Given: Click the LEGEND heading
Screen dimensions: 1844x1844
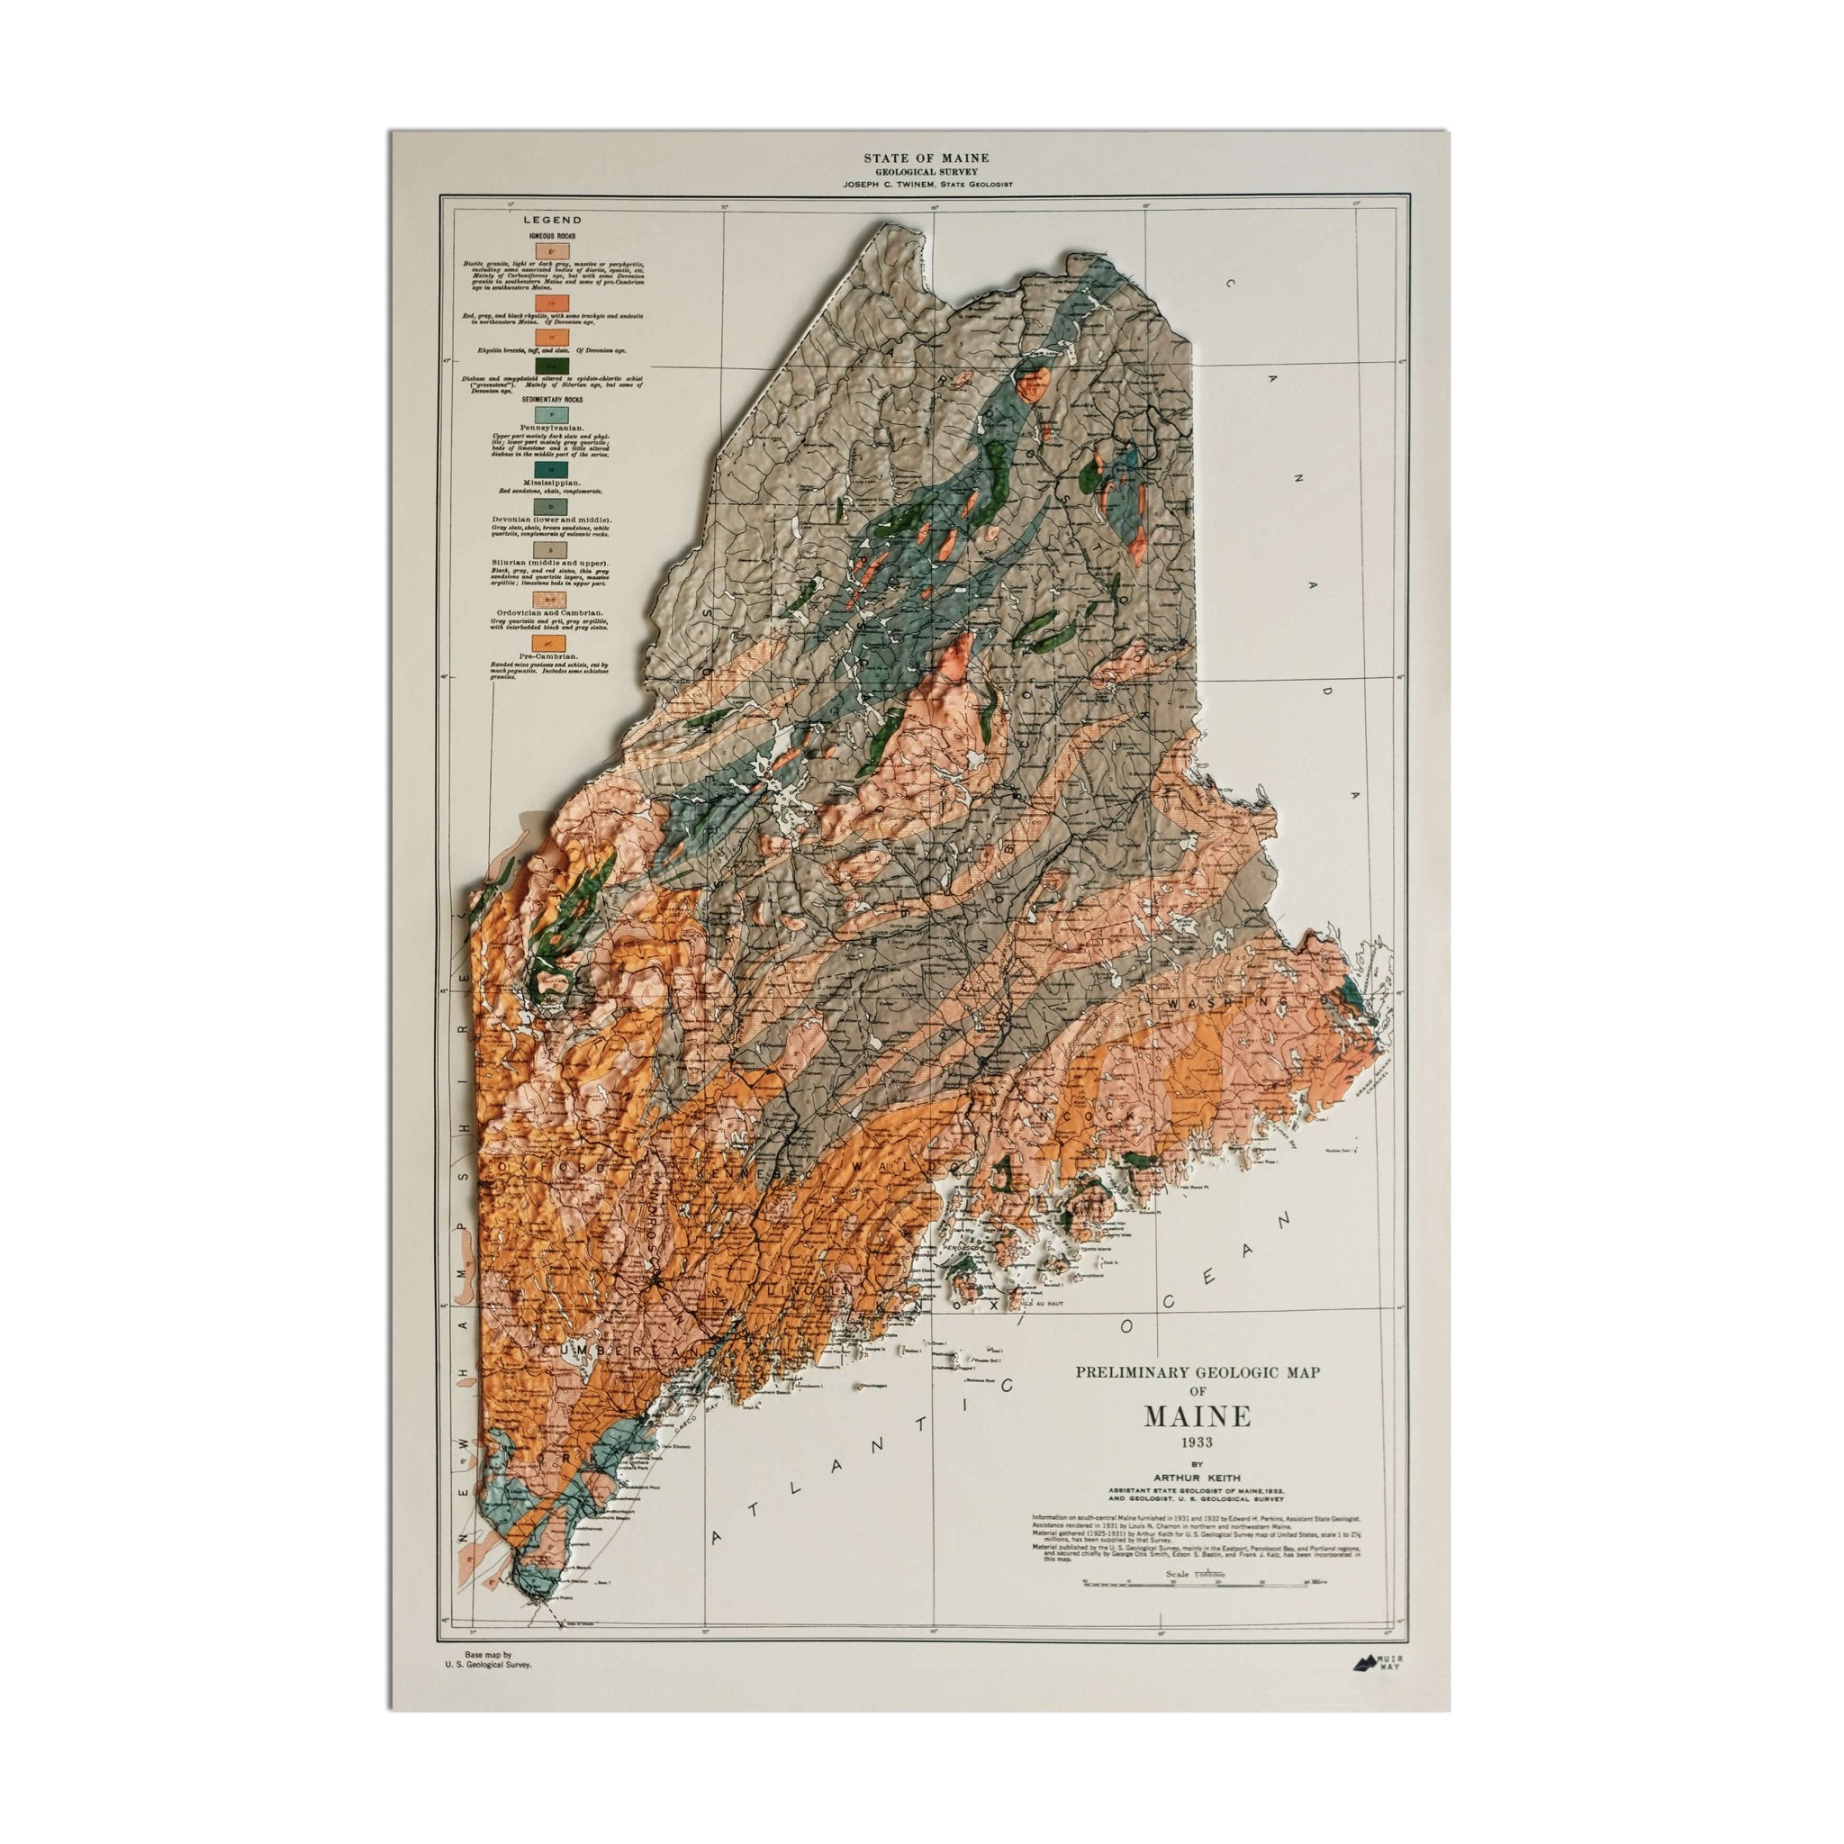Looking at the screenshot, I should (x=552, y=220).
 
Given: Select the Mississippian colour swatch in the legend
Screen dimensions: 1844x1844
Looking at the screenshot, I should (x=553, y=470).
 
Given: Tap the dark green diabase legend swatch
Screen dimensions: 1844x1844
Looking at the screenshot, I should (x=553, y=366).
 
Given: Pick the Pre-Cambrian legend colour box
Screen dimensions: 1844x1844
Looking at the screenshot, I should (x=553, y=643).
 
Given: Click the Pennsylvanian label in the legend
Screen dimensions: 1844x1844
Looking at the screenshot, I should (x=553, y=428).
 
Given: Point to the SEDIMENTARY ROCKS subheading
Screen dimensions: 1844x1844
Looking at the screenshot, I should (x=553, y=400).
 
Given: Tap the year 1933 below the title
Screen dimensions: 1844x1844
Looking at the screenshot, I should (x=1197, y=1442).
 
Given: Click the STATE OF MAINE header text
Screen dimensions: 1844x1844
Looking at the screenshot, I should (x=926, y=158).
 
